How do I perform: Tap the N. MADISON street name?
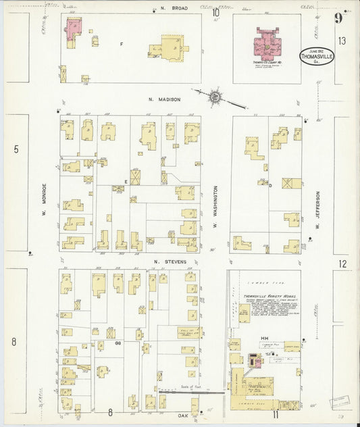164,99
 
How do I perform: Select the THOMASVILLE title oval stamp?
316,57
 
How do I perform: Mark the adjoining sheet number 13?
342,41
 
